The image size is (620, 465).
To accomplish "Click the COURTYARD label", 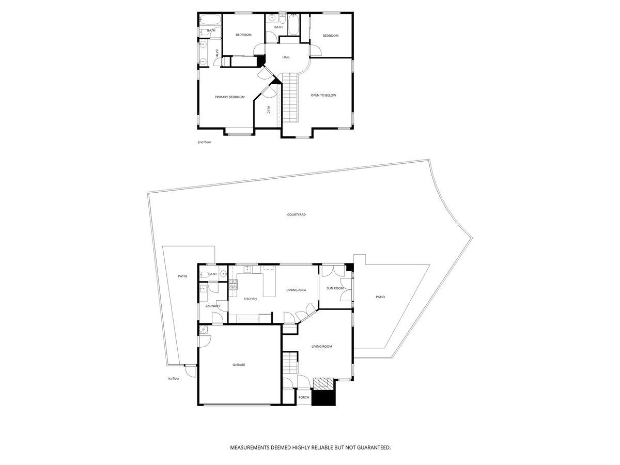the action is (x=296, y=214).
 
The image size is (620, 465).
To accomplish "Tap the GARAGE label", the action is (x=239, y=365).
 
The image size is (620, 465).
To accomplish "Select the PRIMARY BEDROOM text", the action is (x=229, y=97).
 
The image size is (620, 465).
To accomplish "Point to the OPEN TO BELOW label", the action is (x=323, y=96).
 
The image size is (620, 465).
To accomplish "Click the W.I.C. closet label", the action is (x=268, y=110).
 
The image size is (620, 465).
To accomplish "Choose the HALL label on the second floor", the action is (x=286, y=57).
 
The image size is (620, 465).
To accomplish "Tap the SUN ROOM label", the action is (x=335, y=288).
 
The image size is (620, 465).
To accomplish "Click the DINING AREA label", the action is (x=296, y=290).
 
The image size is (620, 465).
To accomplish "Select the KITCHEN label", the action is (x=250, y=299).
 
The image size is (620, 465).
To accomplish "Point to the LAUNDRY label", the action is (x=213, y=306).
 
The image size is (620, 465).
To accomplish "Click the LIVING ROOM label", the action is (x=322, y=346).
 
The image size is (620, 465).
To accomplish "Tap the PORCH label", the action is (x=304, y=397).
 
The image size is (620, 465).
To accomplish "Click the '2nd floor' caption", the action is (x=204, y=142).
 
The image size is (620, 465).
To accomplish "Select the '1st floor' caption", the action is (x=173, y=378).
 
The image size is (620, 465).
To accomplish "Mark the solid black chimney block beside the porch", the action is (x=323, y=398).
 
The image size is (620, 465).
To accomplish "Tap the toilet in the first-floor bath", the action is (x=205, y=274).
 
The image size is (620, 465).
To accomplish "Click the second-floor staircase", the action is (x=290, y=97).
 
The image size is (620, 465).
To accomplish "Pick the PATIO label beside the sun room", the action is (x=380, y=297).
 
